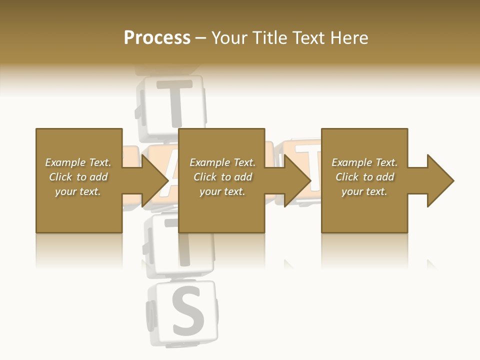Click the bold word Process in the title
tap(157, 38)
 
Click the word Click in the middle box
tap(205, 177)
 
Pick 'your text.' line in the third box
tap(364, 191)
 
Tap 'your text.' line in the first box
tap(78, 191)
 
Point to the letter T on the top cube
tap(174, 102)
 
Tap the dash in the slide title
tap(200, 38)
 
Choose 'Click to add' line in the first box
tap(78, 177)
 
